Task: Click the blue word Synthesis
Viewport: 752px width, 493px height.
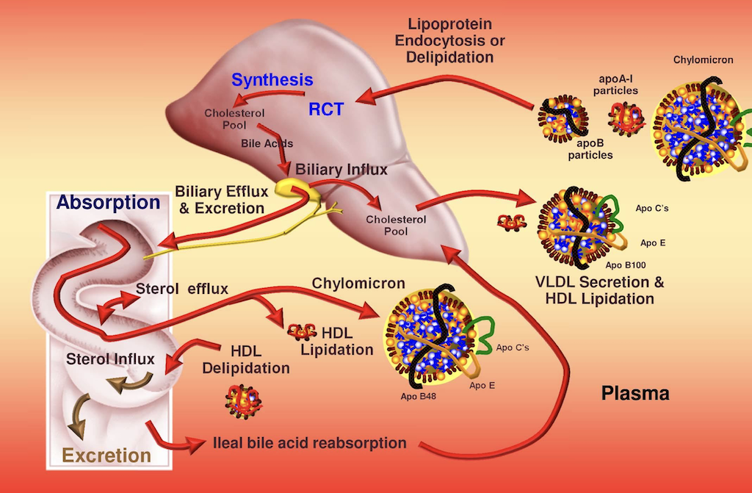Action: [x=272, y=79]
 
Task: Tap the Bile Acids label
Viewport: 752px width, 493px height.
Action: [x=267, y=143]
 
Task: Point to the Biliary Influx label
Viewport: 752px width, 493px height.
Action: [x=341, y=170]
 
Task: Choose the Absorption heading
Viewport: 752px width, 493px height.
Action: [x=109, y=202]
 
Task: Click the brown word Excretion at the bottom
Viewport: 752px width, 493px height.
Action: [x=106, y=456]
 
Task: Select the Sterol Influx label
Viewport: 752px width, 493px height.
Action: [x=110, y=359]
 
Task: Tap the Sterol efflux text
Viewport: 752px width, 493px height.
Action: [x=182, y=289]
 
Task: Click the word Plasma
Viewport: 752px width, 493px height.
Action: [x=635, y=394]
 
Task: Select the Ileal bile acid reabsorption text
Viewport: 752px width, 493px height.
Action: [x=308, y=443]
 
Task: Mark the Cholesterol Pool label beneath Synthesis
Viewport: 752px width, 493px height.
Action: [x=225, y=119]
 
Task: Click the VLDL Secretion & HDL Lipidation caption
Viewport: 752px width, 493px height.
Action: [x=596, y=291]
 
